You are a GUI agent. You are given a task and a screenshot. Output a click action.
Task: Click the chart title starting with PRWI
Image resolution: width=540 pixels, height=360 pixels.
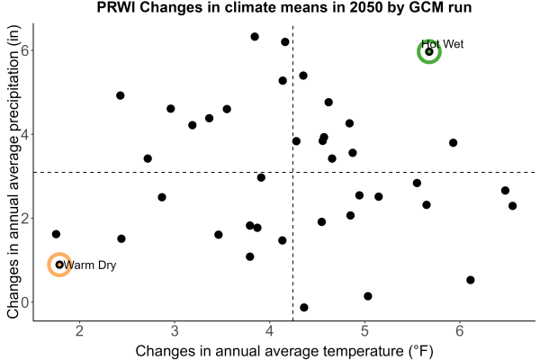click(284, 7)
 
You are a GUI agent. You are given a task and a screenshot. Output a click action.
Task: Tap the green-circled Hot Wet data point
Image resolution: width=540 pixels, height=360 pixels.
click(429, 51)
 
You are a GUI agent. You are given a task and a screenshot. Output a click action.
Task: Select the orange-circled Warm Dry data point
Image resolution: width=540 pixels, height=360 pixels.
click(59, 265)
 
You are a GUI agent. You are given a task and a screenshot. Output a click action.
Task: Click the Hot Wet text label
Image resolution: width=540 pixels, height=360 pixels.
click(443, 44)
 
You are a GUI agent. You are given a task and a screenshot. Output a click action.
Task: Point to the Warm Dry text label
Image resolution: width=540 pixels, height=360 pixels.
click(90, 265)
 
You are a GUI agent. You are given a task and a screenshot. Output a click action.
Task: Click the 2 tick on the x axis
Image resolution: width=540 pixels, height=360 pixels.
click(79, 331)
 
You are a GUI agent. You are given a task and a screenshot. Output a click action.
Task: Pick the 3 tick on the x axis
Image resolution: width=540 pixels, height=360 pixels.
click(175, 331)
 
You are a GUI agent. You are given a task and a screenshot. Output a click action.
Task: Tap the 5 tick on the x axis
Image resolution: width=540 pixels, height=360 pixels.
click(364, 331)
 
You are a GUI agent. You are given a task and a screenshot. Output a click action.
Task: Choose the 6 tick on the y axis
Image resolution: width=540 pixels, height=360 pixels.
click(25, 50)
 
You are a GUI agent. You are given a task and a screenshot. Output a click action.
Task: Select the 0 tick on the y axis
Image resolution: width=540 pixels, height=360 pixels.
click(25, 302)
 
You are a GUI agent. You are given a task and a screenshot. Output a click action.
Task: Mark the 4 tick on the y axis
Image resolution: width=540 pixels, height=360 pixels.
click(25, 134)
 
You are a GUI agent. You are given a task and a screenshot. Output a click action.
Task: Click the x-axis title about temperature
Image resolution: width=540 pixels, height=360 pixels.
click(284, 351)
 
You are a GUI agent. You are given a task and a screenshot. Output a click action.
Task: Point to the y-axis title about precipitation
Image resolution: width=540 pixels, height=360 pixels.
click(13, 172)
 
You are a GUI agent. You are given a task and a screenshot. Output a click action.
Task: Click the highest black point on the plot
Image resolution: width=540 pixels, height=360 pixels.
click(255, 37)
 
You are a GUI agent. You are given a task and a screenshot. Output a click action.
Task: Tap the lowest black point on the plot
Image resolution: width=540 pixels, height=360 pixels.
click(304, 307)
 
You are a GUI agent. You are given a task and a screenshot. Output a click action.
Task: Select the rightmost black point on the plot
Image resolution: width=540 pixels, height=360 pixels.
click(512, 206)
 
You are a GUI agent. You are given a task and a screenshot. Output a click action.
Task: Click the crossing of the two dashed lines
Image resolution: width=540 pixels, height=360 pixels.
click(292, 172)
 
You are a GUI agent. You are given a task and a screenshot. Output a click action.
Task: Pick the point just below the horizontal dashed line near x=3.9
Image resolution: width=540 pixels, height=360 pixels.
click(261, 177)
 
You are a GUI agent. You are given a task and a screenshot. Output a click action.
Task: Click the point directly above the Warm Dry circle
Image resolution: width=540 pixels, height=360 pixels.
click(56, 234)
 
